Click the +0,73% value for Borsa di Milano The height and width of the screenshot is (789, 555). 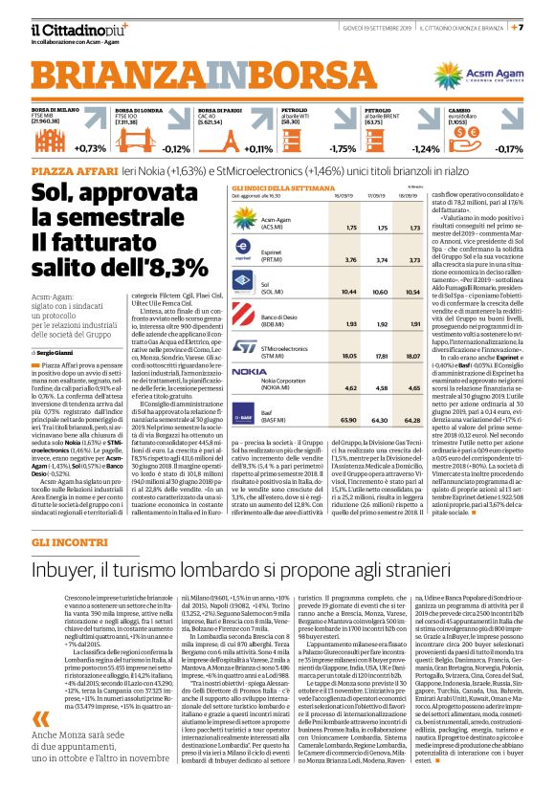click(89, 148)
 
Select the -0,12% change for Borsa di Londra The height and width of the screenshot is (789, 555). click(177, 149)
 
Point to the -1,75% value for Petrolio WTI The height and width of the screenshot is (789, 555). click(343, 149)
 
